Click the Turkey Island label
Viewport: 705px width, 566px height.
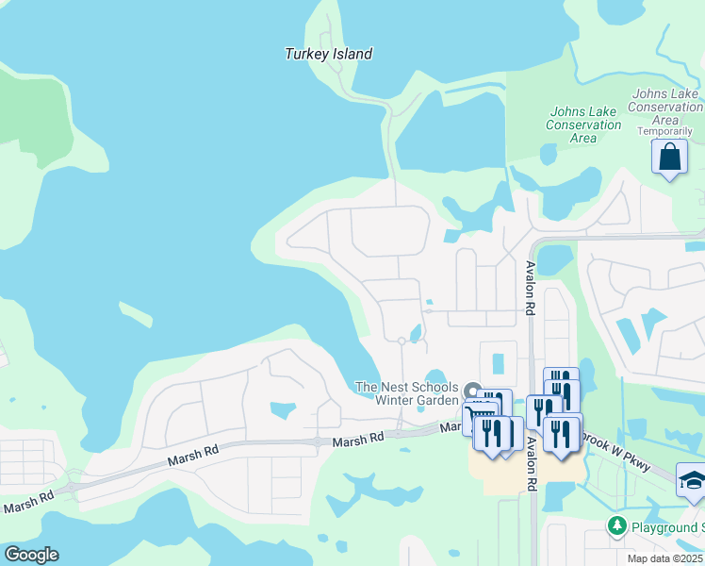328,54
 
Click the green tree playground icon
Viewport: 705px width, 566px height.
617,524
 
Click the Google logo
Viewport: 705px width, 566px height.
30,555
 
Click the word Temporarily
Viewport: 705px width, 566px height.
671,131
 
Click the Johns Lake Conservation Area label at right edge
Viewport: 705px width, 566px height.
666,107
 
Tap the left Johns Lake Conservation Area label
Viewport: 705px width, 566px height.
583,125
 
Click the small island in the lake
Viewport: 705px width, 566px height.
136,312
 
